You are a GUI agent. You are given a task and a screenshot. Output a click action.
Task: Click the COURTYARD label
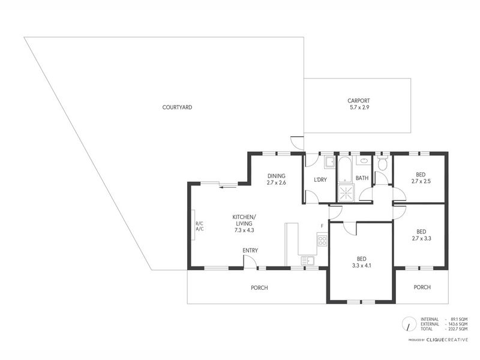tap(177, 107)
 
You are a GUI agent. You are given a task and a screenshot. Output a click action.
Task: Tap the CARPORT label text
tap(358, 100)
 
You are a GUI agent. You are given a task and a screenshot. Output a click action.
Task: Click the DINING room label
tap(276, 176)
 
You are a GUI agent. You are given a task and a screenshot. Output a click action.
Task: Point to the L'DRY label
tap(320, 179)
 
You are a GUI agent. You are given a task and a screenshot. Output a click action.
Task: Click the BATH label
tap(362, 178)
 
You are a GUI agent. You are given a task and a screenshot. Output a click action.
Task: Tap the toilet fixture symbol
tap(383, 163)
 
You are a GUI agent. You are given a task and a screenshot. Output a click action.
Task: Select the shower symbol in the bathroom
tap(346, 193)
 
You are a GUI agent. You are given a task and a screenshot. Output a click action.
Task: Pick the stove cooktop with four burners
tap(322, 239)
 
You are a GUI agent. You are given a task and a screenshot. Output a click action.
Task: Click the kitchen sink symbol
tap(308, 260)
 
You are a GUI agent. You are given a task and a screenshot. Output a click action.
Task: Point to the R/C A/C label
tap(200, 226)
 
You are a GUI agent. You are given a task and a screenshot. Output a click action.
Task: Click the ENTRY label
tap(250, 250)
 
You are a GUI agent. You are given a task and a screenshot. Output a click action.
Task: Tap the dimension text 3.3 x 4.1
tap(362, 266)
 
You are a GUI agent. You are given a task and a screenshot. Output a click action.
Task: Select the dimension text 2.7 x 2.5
tap(421, 181)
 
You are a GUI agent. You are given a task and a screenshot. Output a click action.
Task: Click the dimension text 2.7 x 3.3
tap(422, 238)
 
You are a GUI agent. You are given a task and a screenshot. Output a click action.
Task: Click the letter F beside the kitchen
tap(322, 226)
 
